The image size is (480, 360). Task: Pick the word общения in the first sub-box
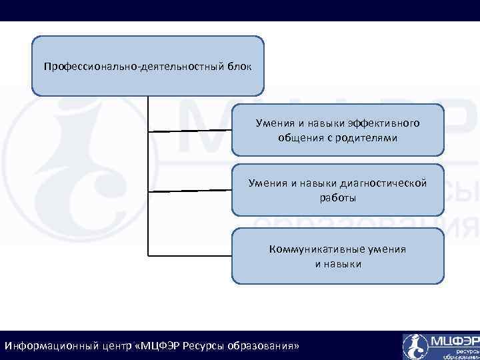(301, 138)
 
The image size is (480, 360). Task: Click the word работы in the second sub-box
(338, 197)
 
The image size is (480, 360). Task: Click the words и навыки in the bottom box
(338, 264)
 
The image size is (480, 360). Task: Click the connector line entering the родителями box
(190, 131)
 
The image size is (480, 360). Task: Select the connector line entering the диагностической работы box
(190, 191)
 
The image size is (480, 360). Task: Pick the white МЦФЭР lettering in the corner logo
(454, 341)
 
